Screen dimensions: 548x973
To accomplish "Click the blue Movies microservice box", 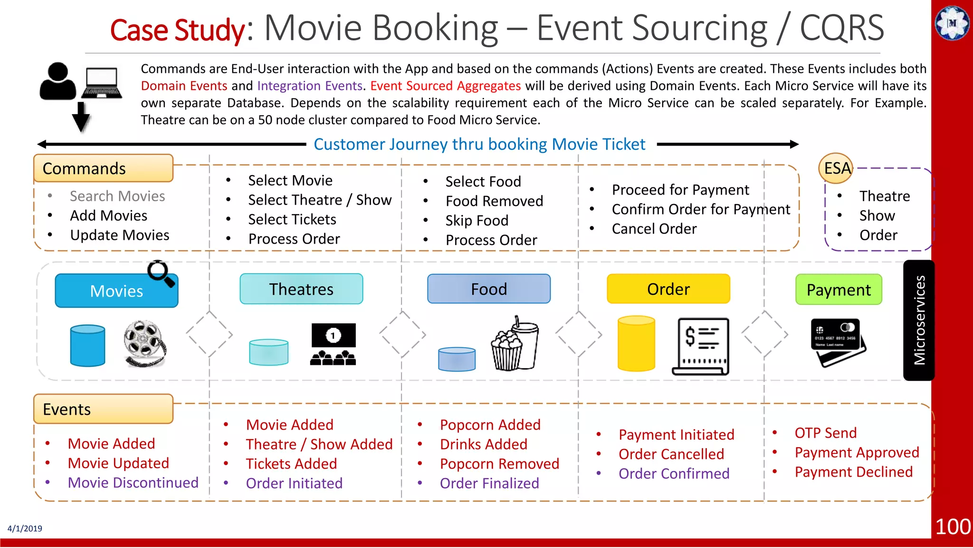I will coord(116,291).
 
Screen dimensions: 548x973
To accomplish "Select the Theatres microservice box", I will coord(301,289).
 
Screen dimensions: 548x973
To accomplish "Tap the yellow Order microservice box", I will coord(668,289).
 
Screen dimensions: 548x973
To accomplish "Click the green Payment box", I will coord(839,290).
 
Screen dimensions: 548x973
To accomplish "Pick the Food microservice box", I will coord(488,289).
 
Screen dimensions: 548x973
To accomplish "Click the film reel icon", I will coord(144,343).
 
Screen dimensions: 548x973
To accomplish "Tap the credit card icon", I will coord(838,341).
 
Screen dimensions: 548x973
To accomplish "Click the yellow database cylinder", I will coord(636,343).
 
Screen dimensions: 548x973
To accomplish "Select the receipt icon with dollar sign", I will coord(701,346).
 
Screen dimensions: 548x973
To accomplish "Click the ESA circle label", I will coord(837,168).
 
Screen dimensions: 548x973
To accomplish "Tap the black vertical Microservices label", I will coord(919,320).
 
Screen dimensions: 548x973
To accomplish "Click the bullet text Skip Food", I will coord(477,221).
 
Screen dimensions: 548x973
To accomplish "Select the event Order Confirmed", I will coord(674,474).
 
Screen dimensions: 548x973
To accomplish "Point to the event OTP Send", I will coord(825,433).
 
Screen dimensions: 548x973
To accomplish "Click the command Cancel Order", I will coord(654,229).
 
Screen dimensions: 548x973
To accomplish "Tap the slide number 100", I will coord(953,527).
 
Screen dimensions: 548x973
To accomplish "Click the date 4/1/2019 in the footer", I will coord(25,528).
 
